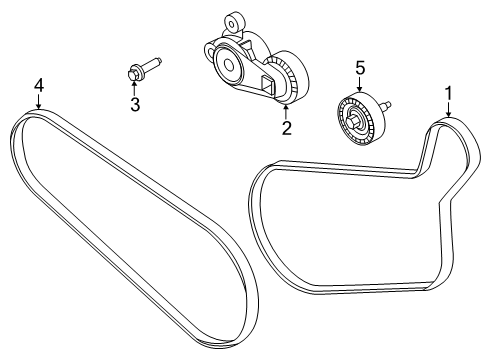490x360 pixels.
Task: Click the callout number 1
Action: click(449, 94)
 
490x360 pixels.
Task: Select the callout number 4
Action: click(38, 84)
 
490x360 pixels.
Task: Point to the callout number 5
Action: click(359, 67)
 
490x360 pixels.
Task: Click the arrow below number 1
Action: click(447, 111)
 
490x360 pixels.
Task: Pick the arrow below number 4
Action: click(38, 101)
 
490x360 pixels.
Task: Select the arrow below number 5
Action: click(359, 84)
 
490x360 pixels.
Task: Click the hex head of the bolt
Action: click(134, 72)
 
